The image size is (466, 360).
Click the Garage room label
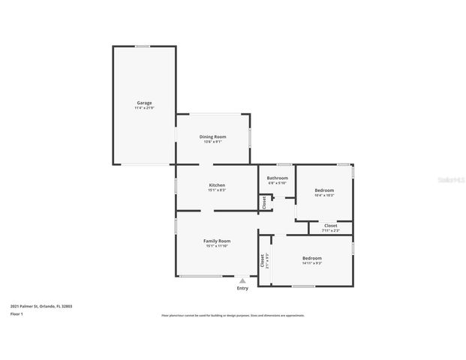pyautogui.click(x=144, y=102)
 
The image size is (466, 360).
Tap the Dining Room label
pyautogui.click(x=212, y=136)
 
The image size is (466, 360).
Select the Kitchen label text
pyautogui.click(x=217, y=185)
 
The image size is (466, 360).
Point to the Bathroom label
pyautogui.click(x=278, y=178)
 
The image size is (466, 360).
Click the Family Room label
pyautogui.click(x=217, y=241)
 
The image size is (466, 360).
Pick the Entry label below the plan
pyautogui.click(x=242, y=289)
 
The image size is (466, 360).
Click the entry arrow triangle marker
pyautogui.click(x=242, y=281)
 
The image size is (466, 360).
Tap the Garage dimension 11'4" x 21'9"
pyautogui.click(x=144, y=108)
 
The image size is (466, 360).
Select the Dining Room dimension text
pyautogui.click(x=212, y=142)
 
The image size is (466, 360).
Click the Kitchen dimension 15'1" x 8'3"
pyautogui.click(x=217, y=190)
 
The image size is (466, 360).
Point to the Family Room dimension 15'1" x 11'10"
pyautogui.click(x=217, y=246)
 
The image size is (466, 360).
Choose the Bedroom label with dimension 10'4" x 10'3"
pyautogui.click(x=324, y=190)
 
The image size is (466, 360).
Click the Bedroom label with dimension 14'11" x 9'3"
pyautogui.click(x=312, y=257)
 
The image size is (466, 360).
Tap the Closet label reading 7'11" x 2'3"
pyautogui.click(x=330, y=225)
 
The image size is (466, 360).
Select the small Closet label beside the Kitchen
pyautogui.click(x=264, y=202)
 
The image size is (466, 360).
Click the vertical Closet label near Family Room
pyautogui.click(x=262, y=261)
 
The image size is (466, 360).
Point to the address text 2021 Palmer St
pyautogui.click(x=41, y=306)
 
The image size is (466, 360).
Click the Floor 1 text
pyautogui.click(x=17, y=314)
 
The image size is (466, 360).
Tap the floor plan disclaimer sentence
pyautogui.click(x=233, y=316)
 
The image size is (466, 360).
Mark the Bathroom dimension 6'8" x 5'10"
pyautogui.click(x=278, y=183)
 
